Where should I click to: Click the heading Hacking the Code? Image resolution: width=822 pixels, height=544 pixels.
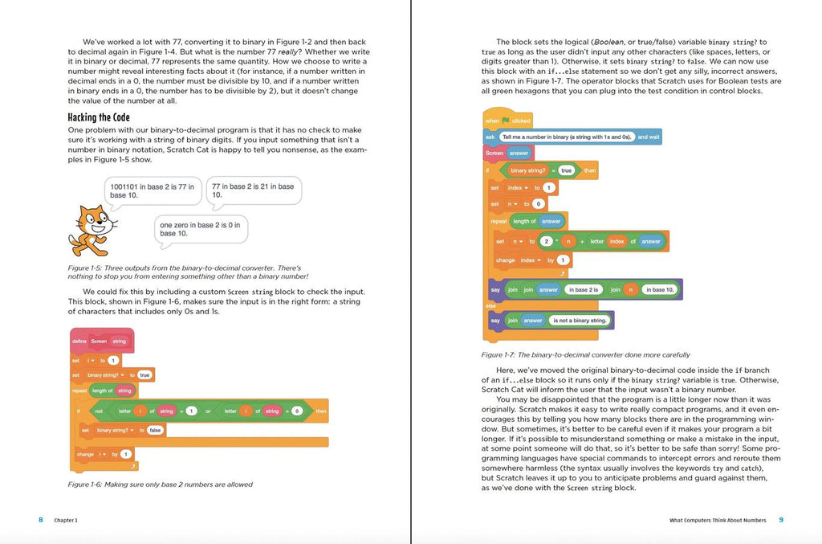pos(99,117)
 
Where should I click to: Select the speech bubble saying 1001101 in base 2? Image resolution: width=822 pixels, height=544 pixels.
pos(152,190)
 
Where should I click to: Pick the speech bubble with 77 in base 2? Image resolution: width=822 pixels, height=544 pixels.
pos(252,190)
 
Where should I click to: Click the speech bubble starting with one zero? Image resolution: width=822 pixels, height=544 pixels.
pos(200,229)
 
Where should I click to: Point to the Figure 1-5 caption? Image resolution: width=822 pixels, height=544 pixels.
pos(188,272)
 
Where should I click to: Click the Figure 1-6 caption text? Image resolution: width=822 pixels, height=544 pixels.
pos(161,485)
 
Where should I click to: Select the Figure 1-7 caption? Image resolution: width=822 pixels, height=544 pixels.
pos(585,354)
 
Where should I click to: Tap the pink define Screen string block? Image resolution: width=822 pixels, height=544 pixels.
pos(101,341)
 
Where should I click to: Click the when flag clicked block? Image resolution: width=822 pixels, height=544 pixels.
pos(508,121)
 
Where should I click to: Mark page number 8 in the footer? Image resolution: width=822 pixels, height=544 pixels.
pos(41,520)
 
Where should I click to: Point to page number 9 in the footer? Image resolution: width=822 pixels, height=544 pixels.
pos(780,520)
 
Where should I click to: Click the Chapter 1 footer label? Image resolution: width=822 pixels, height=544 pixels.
pos(66,521)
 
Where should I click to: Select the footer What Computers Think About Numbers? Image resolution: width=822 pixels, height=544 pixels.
pos(718,521)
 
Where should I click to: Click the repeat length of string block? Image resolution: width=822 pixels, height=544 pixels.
pos(104,391)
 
